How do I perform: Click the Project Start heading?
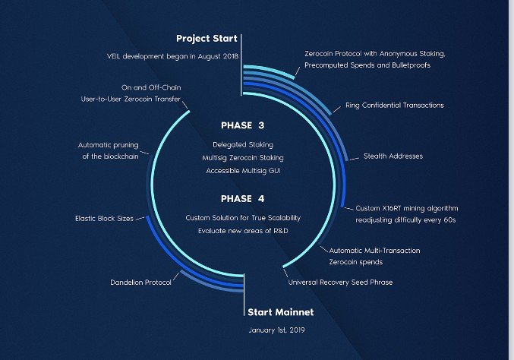[207, 39]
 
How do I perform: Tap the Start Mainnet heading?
[281, 312]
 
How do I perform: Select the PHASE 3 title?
[243, 125]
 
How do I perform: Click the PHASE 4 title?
[243, 199]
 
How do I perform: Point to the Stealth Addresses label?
[393, 156]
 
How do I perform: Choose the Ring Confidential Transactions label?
[395, 106]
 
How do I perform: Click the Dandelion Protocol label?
[140, 283]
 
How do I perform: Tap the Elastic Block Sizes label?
[104, 219]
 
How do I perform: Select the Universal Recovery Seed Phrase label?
[340, 283]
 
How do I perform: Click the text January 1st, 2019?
[276, 330]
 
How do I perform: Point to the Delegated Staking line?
[243, 144]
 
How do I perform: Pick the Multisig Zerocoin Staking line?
[243, 158]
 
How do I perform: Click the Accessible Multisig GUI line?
[243, 171]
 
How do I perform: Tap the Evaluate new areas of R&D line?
[243, 231]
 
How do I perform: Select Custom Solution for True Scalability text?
[243, 218]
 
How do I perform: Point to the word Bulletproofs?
[411, 65]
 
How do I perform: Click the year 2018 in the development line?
[231, 56]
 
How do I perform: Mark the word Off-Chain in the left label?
[165, 87]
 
